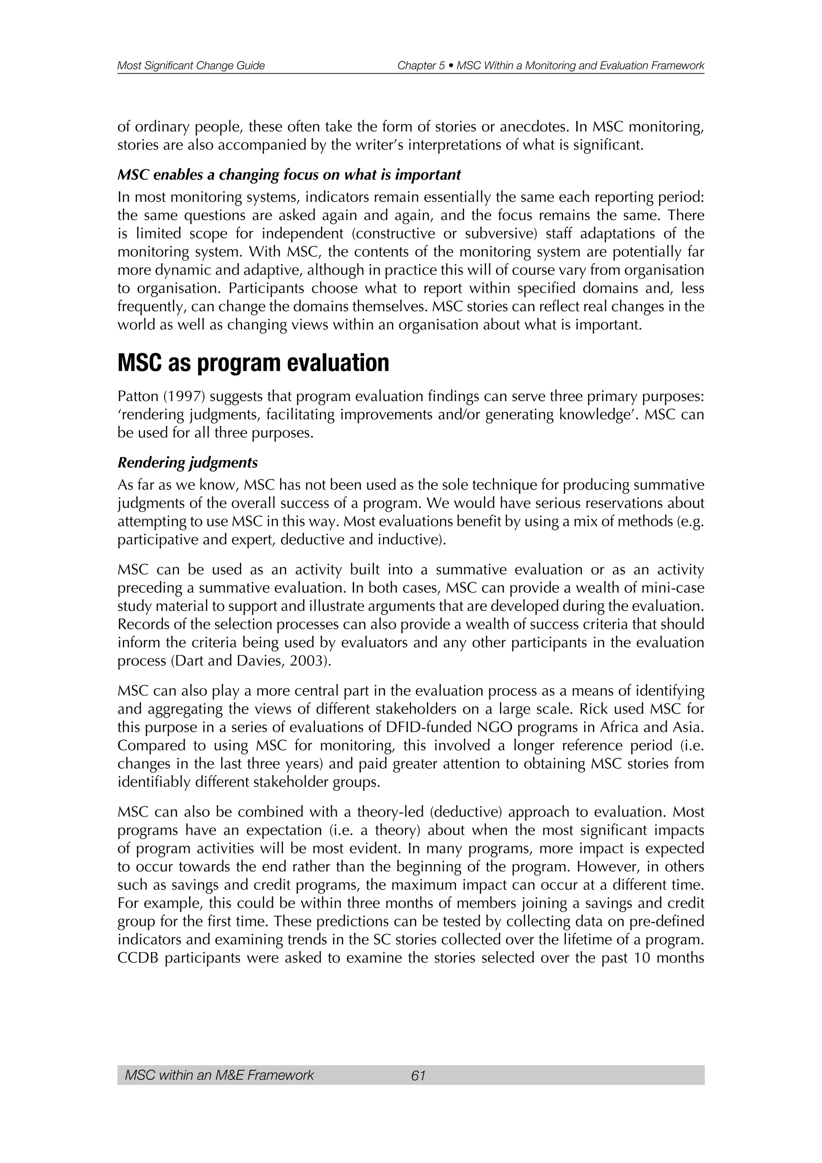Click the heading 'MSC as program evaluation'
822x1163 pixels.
(253, 363)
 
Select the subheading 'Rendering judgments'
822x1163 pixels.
(187, 463)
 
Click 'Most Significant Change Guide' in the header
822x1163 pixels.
(191, 65)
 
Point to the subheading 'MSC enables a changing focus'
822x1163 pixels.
(289, 175)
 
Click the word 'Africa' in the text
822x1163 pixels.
(616, 727)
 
